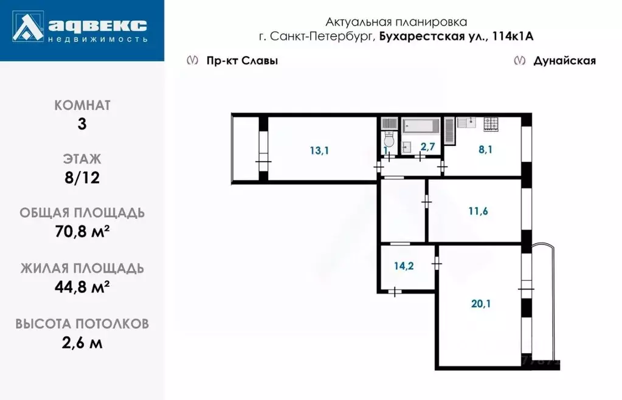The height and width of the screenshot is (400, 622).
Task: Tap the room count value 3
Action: [82, 124]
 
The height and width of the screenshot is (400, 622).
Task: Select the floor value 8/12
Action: [82, 178]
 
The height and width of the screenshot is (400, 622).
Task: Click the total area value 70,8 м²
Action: [82, 232]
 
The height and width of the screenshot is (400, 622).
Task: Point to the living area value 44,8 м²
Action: [82, 287]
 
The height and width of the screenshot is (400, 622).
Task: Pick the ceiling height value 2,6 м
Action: [82, 342]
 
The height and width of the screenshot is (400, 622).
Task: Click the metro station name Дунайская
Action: [564, 61]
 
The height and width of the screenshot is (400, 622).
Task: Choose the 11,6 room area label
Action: [479, 212]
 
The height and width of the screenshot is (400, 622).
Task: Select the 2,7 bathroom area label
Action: [427, 147]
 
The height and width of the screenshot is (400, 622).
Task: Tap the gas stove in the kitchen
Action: [491, 124]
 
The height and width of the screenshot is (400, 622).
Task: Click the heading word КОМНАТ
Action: [82, 105]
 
